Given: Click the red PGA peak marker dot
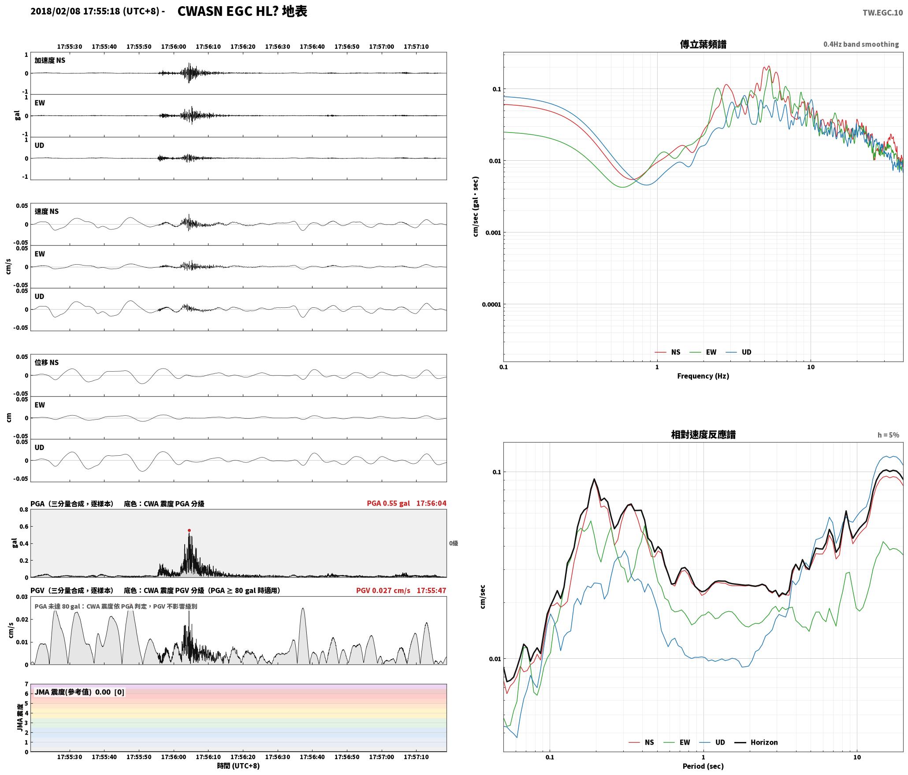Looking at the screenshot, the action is point(189,531).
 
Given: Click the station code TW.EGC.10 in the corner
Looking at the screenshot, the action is point(882,13).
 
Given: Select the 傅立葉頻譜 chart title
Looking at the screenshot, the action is point(703,44).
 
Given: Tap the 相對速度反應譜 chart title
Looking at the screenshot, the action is point(703,435).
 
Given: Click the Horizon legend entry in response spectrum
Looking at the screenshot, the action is point(755,742).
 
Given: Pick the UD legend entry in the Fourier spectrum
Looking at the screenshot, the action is point(739,352).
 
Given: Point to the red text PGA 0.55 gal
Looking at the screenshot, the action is point(388,503).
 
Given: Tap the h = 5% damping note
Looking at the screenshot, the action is point(888,435).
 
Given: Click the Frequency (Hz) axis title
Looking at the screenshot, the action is point(703,376).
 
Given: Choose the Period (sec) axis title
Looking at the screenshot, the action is point(703,767).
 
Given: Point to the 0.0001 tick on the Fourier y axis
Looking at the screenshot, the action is point(493,304).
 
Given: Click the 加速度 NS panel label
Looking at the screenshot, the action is point(50,60).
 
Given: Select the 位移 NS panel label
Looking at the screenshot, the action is point(47,362).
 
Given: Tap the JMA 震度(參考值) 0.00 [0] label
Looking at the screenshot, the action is point(79,692).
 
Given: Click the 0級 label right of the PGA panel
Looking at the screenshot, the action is point(454,543).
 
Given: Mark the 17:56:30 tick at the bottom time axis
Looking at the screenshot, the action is point(278,757).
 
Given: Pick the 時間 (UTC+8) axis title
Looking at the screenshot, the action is point(238,766).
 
